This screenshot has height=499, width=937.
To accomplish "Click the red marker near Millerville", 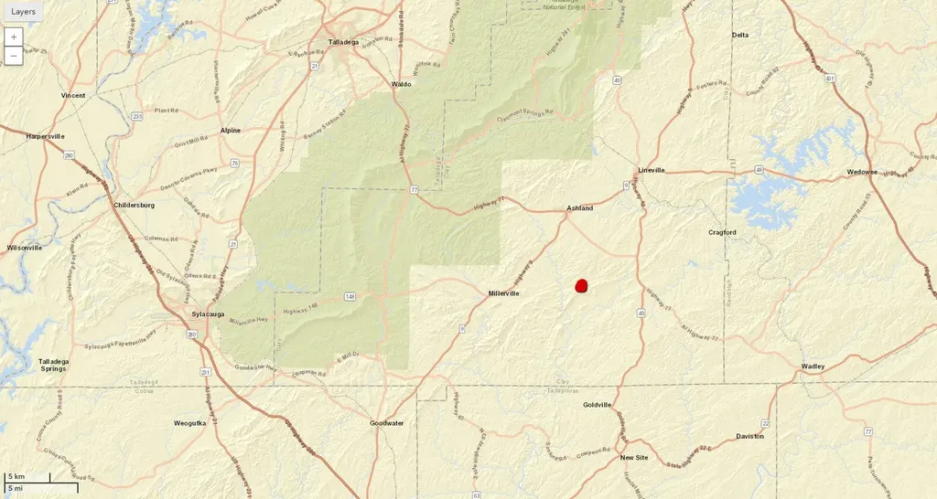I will [581, 286].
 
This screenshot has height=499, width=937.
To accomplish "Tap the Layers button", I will [24, 12].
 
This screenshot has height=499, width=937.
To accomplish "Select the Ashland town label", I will [579, 208].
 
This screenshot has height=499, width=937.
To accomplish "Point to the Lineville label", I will [651, 170].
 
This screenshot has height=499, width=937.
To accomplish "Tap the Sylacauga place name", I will [208, 314].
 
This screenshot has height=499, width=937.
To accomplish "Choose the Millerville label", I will [503, 293].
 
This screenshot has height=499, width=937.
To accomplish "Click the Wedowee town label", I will [862, 172].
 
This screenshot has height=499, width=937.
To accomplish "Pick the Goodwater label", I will [387, 423].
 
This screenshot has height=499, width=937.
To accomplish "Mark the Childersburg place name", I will [134, 205].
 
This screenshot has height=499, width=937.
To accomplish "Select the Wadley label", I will [813, 366].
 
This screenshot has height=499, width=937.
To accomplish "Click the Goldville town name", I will [597, 405].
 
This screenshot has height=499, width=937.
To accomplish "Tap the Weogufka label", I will [192, 423].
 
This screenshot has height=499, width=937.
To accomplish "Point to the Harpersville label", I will [45, 136].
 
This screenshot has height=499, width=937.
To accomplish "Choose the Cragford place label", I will [722, 232].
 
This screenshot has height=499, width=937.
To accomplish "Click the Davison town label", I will [749, 436].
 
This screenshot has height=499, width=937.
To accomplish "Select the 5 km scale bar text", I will [16, 477].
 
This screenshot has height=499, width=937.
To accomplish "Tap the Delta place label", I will [740, 35].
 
